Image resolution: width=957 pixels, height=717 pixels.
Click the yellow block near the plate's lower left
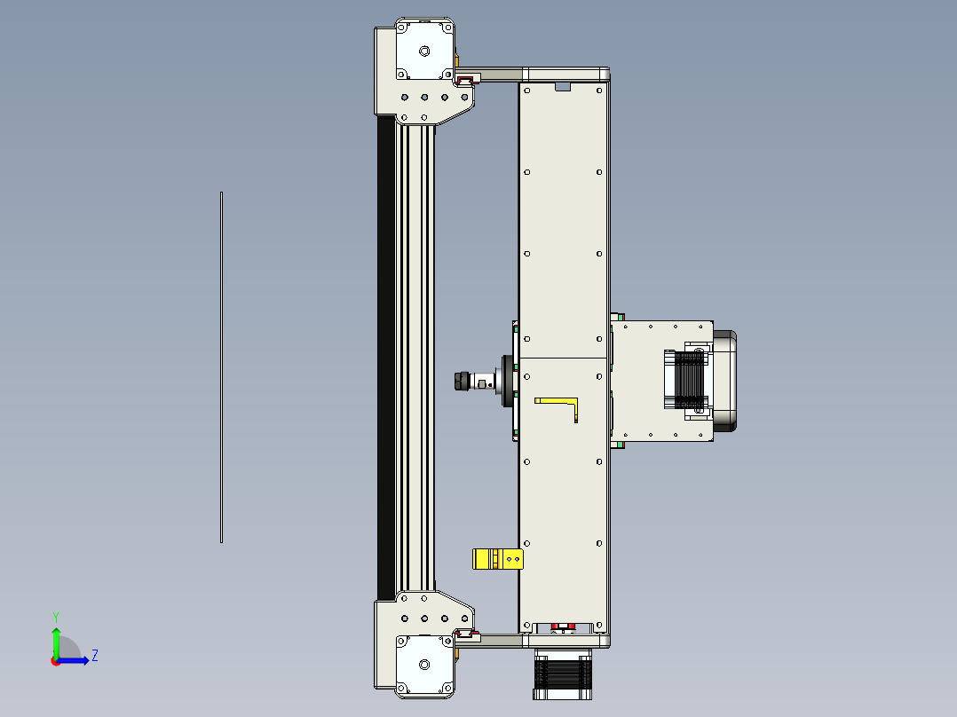(x=497, y=559)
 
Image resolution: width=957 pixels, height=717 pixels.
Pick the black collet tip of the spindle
(x=460, y=382)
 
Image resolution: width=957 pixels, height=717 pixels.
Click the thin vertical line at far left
(x=221, y=366)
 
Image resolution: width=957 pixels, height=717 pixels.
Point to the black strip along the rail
(x=385, y=355)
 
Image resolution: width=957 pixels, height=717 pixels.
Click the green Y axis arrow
(x=56, y=640)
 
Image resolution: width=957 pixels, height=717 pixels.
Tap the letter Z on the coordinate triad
(x=94, y=656)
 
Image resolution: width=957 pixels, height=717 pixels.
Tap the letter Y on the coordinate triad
(x=55, y=616)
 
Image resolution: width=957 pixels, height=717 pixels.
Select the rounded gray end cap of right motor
(x=725, y=382)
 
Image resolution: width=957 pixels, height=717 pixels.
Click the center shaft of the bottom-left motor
(x=424, y=663)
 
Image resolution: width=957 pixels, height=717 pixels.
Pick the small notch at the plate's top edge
(x=561, y=87)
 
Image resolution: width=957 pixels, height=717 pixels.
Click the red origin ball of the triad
(x=55, y=660)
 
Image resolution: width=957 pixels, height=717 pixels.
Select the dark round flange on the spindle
(x=507, y=382)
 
